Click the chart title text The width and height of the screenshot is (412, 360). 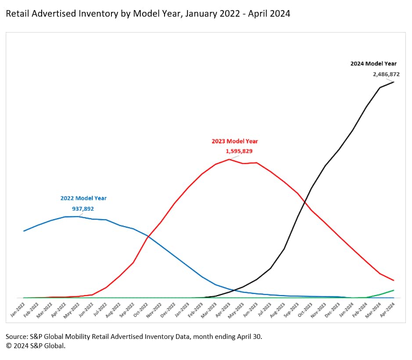coord(148,14)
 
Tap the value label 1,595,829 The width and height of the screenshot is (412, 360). coord(239,151)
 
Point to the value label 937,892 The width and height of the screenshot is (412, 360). coord(83,209)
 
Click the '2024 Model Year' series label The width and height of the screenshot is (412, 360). coord(373,64)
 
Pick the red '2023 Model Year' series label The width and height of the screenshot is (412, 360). coord(235,141)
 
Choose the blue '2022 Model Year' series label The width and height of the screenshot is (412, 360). coord(83,198)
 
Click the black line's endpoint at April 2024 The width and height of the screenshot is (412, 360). coord(394,82)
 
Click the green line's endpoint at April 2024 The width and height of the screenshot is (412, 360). coord(394,290)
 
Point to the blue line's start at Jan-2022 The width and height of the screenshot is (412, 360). coord(24,231)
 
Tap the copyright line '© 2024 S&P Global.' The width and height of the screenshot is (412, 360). coord(35,346)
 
